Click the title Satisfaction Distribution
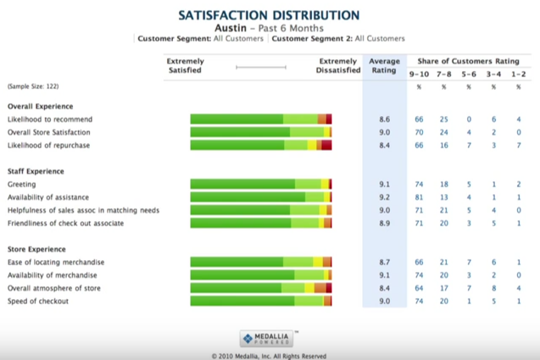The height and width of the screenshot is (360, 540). pyautogui.click(x=270, y=15)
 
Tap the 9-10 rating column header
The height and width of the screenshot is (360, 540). pyautogui.click(x=419, y=75)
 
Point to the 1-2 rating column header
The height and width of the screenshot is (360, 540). pyautogui.click(x=518, y=75)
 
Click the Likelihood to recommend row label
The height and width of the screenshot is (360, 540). pyautogui.click(x=48, y=119)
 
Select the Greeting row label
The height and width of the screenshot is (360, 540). pyautogui.click(x=22, y=184)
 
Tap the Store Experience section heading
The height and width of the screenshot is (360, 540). pyautogui.click(x=36, y=249)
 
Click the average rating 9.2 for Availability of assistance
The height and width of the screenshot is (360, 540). pyautogui.click(x=384, y=197)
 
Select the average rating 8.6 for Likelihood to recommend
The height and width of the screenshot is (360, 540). pyautogui.click(x=384, y=119)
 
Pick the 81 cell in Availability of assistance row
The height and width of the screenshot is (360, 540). pyautogui.click(x=419, y=197)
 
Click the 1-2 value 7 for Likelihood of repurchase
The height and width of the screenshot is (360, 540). pyautogui.click(x=518, y=145)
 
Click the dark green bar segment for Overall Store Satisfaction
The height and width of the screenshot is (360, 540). pyautogui.click(x=240, y=132)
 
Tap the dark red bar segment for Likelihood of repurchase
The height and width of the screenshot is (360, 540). pyautogui.click(x=326, y=145)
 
